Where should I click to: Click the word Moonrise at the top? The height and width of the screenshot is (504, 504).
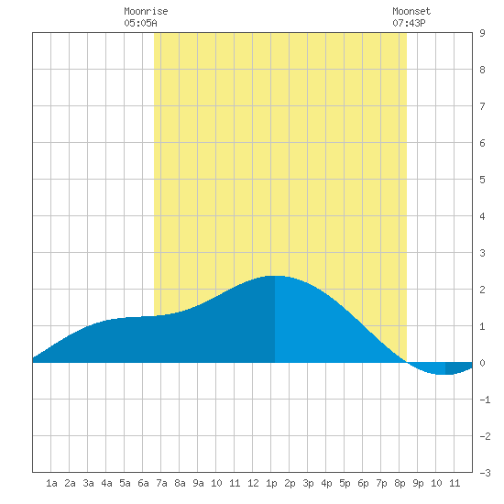coord(146,11)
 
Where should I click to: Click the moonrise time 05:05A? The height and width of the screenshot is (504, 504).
coord(140,23)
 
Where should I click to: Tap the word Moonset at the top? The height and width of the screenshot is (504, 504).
coord(411,11)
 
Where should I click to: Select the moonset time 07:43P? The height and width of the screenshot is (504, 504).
coord(409,23)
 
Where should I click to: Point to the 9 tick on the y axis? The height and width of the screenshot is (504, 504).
coord(482,33)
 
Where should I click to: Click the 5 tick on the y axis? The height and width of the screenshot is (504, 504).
coord(482,180)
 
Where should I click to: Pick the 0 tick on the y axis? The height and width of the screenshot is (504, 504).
coord(482,363)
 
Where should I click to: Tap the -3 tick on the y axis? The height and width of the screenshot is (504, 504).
coord(485,473)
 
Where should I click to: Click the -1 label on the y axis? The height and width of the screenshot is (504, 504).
coord(485,400)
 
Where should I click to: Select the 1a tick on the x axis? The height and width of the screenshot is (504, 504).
coord(51,483)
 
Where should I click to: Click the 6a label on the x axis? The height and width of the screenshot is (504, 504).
coord(143,483)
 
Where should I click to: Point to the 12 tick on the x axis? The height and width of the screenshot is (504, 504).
coord(253,483)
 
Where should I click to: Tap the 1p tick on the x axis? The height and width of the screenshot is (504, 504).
coord(271,483)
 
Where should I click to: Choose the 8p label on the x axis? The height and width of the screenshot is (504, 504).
coord(400,483)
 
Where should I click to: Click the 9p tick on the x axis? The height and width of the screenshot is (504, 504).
coord(418,483)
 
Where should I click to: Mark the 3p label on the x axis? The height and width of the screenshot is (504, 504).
coord(308,483)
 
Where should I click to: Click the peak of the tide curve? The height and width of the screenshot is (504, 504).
coord(275,276)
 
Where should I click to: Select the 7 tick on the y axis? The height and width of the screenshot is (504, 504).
coord(482,106)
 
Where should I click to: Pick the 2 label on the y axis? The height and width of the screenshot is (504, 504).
coord(482,290)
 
